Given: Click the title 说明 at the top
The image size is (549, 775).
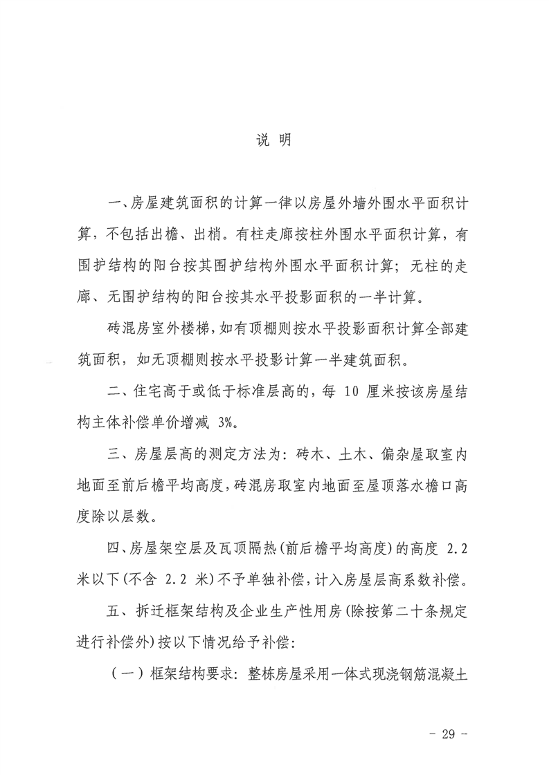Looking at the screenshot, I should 273,139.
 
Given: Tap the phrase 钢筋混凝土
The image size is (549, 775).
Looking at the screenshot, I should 428,673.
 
